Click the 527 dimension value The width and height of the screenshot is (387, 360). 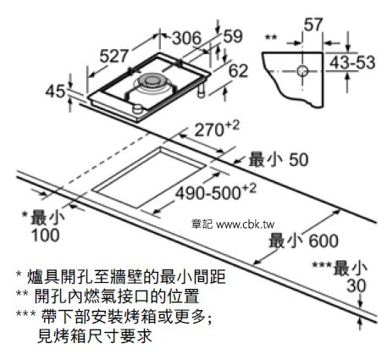(114, 56)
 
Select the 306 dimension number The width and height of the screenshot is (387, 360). (186, 38)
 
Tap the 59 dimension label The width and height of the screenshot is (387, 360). (233, 36)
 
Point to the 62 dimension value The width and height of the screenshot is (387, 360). (238, 70)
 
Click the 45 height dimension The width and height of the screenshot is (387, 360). (55, 91)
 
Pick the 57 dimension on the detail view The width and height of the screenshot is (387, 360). (313, 25)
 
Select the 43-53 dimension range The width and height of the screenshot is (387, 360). (352, 63)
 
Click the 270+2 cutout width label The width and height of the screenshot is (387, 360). (217, 129)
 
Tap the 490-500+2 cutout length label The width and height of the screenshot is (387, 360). (216, 192)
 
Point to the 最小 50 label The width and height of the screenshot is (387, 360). (279, 159)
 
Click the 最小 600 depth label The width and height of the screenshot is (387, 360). (303, 241)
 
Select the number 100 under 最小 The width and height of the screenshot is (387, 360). (46, 235)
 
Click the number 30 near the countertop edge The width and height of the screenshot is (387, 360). (357, 285)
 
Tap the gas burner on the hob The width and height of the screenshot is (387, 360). (153, 82)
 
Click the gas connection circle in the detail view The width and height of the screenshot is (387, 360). (302, 70)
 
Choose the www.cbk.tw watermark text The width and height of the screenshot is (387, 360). (245, 224)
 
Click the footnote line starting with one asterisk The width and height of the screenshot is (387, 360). (121, 277)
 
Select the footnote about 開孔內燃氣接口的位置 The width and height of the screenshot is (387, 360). (108, 296)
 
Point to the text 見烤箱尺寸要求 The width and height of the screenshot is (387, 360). (95, 336)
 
